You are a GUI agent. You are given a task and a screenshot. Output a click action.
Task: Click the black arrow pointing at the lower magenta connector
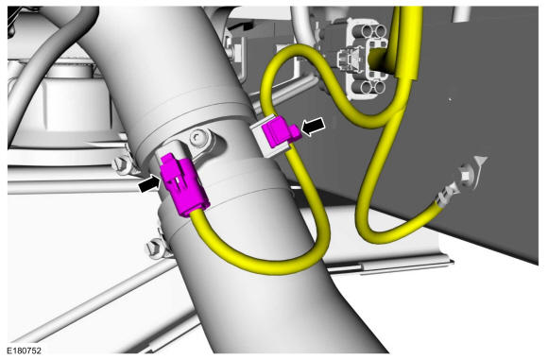(149, 185)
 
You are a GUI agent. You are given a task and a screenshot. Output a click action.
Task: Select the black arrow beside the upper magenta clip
(313, 127)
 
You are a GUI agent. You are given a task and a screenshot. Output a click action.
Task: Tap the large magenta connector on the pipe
(182, 184)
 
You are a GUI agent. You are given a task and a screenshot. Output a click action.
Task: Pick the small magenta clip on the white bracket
(280, 130)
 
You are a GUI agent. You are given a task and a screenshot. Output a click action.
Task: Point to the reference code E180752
(25, 351)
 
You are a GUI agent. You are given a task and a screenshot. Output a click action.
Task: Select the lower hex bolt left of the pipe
(154, 249)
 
